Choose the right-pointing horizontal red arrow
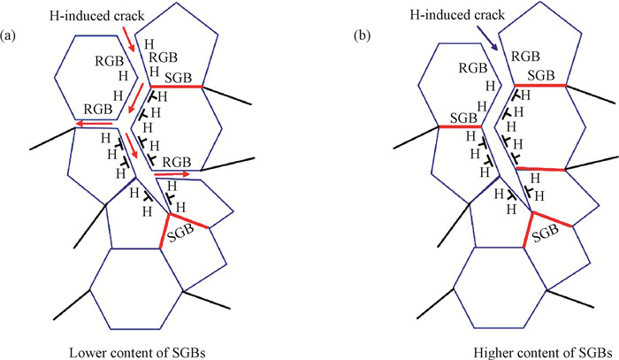pyautogui.click(x=172, y=175)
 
